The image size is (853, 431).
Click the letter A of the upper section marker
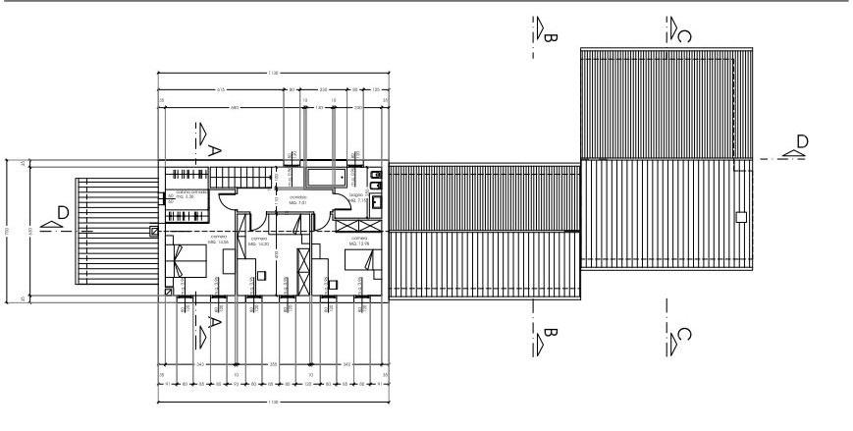tap(214, 148)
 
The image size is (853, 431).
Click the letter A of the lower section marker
tap(214, 321)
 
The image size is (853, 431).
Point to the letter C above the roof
tap(684, 37)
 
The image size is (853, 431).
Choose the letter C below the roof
tap(684, 336)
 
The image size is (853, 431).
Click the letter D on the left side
tap(62, 213)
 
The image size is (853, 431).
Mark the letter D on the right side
tap(802, 141)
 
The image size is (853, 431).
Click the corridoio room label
tap(297, 200)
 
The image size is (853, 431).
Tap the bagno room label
tap(357, 197)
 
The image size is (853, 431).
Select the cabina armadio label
tap(190, 193)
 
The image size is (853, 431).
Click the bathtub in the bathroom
tap(325, 178)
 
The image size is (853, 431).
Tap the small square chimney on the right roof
tap(742, 216)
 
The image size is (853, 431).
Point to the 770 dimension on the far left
tap(8, 230)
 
